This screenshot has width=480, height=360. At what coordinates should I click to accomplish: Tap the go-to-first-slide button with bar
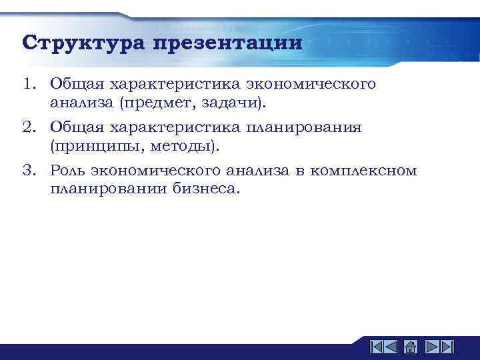coord(376,347)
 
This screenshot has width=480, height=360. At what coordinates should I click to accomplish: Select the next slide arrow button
coord(431,347)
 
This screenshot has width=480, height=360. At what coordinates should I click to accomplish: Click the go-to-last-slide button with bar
coord(447,347)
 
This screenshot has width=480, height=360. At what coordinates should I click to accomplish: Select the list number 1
coord(27,85)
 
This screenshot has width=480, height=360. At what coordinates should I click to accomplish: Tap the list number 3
coord(27,171)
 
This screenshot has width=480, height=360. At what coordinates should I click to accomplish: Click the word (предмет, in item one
coord(155,103)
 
